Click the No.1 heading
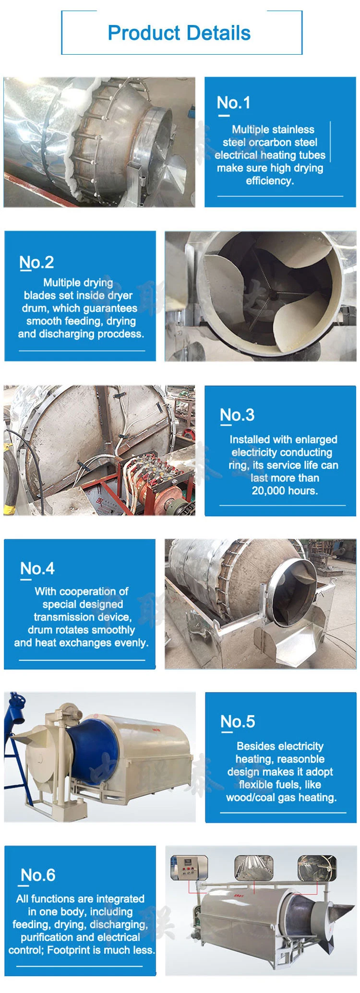click(x=233, y=102)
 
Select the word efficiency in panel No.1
click(x=269, y=181)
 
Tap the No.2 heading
click(x=36, y=262)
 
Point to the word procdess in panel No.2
click(x=120, y=334)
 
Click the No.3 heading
click(x=237, y=415)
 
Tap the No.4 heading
click(x=37, y=568)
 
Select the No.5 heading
click(x=238, y=721)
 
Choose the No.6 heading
click(x=38, y=875)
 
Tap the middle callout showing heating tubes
click(x=253, y=868)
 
